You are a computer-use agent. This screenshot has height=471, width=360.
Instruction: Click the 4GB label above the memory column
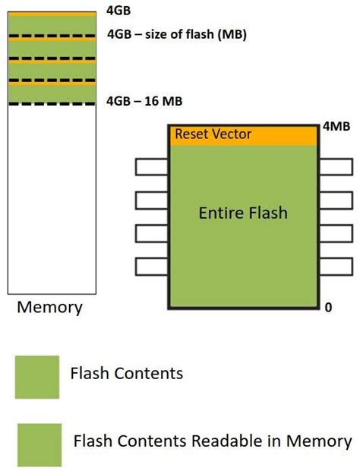pos(119,11)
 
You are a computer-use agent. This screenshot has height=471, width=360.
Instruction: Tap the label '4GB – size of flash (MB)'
pos(176,35)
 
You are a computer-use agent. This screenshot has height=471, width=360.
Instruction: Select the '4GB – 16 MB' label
pos(144,101)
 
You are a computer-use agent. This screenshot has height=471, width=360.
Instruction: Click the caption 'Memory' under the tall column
pos(49,308)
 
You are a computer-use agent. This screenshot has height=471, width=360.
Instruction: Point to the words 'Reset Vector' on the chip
pos(213,134)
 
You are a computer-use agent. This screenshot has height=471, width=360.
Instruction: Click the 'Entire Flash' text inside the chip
pos(243,213)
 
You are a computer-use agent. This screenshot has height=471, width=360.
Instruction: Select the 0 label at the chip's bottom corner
pos(328,308)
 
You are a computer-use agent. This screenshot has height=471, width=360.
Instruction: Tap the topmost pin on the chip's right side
pos(335,166)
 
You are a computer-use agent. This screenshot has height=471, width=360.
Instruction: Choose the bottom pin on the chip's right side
pos(335,267)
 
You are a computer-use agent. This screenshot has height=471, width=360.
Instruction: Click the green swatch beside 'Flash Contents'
pos(37,377)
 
